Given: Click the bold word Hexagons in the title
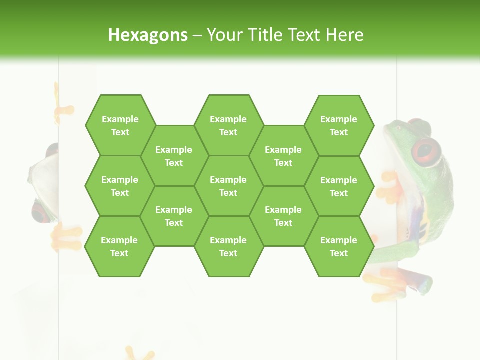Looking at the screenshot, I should (x=148, y=35).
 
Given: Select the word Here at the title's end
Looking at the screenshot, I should (x=344, y=35).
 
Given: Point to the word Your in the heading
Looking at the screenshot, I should (x=224, y=35).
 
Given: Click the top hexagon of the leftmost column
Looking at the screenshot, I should (x=120, y=125).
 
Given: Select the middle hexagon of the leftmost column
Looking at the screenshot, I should (x=120, y=186).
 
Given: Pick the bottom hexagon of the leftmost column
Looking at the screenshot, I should (x=119, y=246).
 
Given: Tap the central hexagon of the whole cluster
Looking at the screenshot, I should (x=228, y=186).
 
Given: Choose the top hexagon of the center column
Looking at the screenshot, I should (x=228, y=125).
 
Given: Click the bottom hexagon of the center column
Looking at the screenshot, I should (x=228, y=246).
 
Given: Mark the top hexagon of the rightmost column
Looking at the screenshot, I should (x=339, y=125).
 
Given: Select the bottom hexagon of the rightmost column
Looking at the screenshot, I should (x=339, y=246).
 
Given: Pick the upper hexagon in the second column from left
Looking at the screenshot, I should (x=174, y=156).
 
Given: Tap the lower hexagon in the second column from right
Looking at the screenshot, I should (x=283, y=216).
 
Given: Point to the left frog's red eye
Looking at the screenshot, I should (x=40, y=212).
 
